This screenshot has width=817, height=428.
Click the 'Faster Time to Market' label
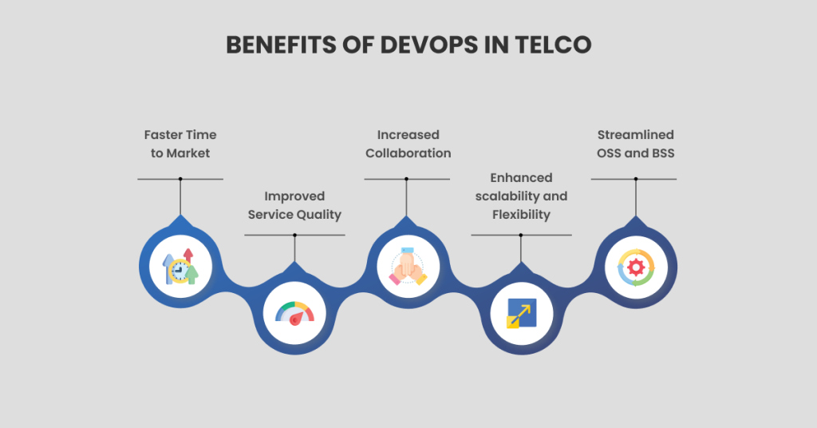(x=180, y=144)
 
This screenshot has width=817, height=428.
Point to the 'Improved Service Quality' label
(x=294, y=204)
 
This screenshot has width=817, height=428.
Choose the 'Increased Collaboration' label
(x=408, y=144)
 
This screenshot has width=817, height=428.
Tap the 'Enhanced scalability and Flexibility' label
(x=521, y=196)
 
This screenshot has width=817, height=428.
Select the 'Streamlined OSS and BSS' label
(x=635, y=144)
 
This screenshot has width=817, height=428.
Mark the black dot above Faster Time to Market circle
(x=180, y=179)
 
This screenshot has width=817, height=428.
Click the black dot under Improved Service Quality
(x=294, y=235)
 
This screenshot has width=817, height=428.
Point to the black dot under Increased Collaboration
(x=407, y=179)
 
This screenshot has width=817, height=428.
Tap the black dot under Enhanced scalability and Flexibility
(x=521, y=235)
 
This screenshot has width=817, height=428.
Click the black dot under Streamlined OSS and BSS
(x=635, y=179)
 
